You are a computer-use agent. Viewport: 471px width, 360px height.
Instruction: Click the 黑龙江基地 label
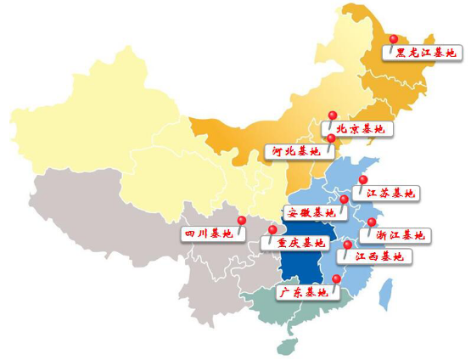click(x=429, y=53)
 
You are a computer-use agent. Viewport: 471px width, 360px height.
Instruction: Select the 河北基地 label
click(x=293, y=151)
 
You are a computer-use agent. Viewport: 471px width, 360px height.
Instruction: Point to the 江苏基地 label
click(x=391, y=194)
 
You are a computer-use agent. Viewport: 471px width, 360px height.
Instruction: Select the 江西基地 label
click(x=378, y=256)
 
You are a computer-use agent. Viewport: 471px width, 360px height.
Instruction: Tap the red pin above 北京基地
click(x=333, y=115)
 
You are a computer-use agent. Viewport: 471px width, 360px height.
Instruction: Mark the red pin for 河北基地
click(x=331, y=138)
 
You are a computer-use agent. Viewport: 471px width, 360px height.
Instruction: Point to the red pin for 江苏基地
click(x=363, y=180)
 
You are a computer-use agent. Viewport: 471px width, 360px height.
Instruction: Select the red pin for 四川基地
click(x=242, y=221)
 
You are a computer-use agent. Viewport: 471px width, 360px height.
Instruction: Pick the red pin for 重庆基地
click(x=272, y=230)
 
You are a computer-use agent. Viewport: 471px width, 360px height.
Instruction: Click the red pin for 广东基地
click(x=336, y=279)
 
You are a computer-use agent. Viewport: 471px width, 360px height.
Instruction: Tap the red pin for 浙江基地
click(x=371, y=222)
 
